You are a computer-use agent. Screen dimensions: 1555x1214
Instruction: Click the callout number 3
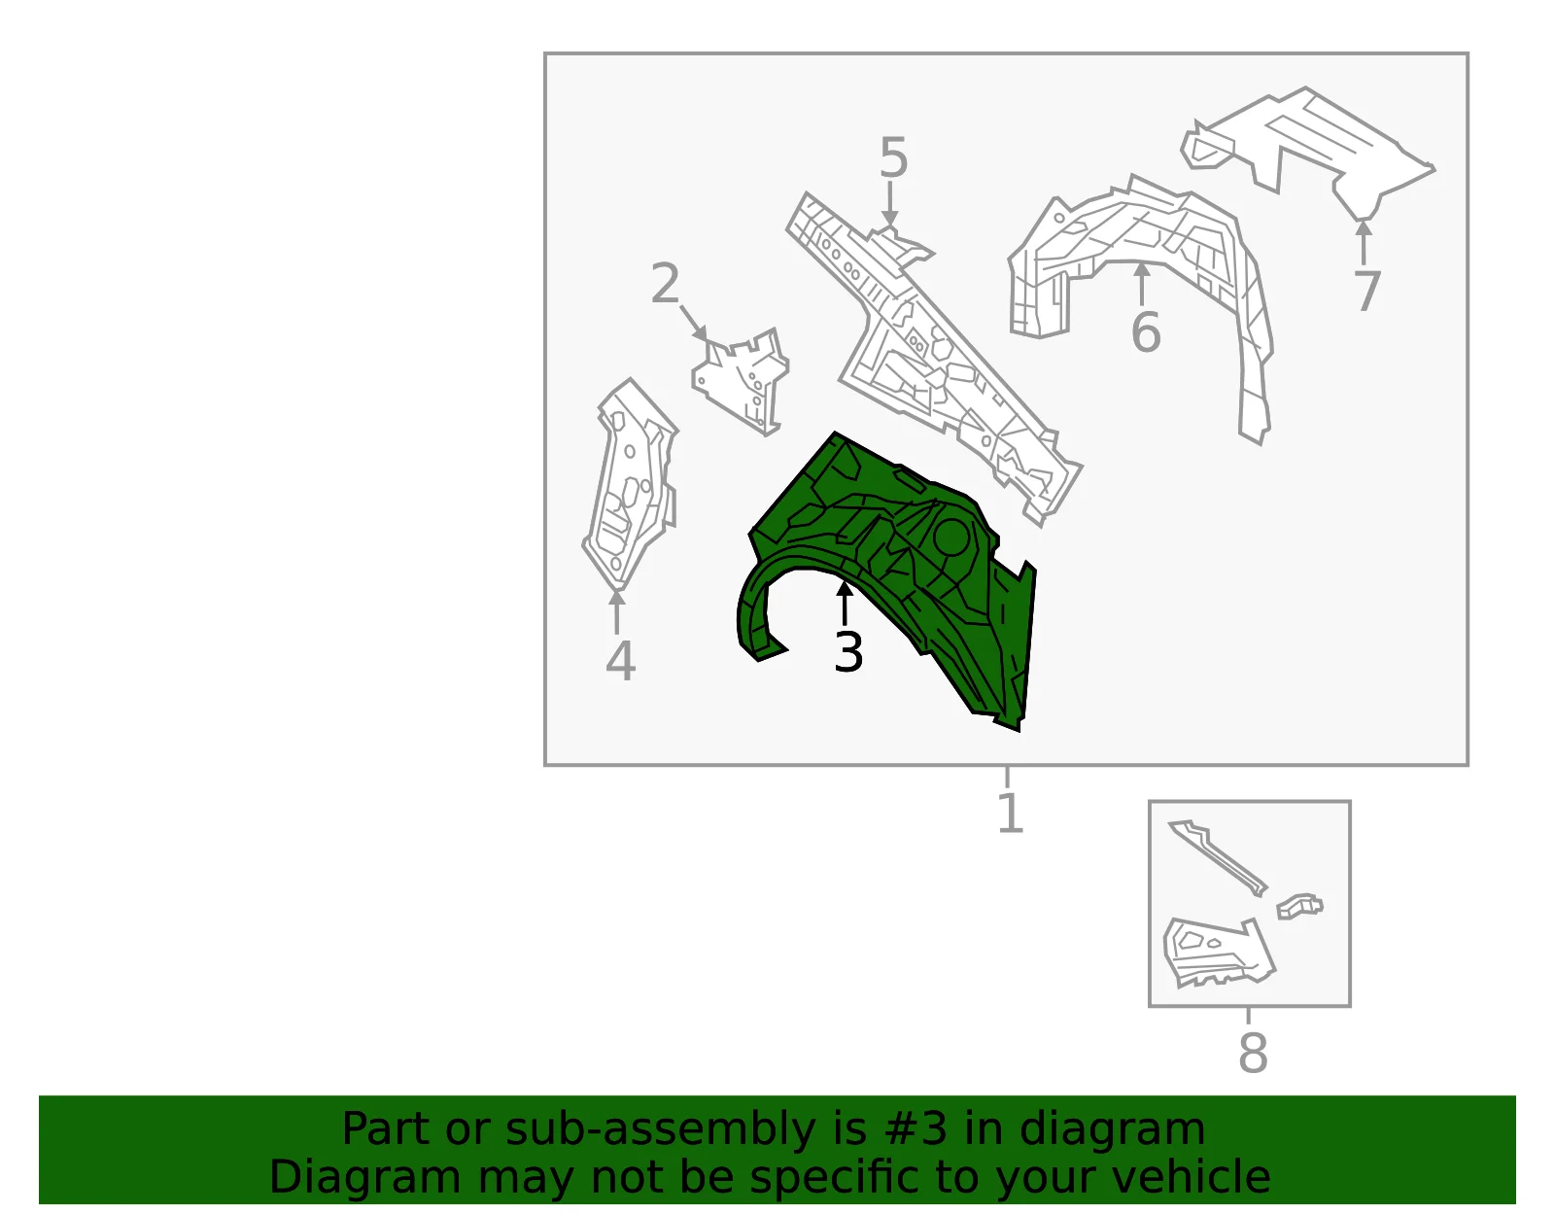tap(848, 652)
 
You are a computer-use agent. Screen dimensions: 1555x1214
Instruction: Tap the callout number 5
tap(894, 157)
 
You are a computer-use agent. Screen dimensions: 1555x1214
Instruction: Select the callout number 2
tap(666, 283)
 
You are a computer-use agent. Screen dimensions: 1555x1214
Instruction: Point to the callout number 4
tap(620, 660)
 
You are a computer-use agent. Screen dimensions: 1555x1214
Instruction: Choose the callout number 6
tap(1146, 331)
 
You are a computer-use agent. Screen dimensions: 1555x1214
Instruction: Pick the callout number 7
tap(1366, 291)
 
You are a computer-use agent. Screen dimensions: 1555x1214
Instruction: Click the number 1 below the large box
tap(1011, 812)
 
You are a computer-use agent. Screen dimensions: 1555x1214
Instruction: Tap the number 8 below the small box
tap(1253, 1053)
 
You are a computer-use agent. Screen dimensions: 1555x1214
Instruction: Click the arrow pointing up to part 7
tap(1364, 243)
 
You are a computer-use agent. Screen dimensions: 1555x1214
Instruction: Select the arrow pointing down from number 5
tap(889, 204)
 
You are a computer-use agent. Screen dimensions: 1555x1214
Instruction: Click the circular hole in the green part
tap(951, 537)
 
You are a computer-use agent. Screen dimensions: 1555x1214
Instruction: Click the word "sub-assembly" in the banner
tap(659, 1128)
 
